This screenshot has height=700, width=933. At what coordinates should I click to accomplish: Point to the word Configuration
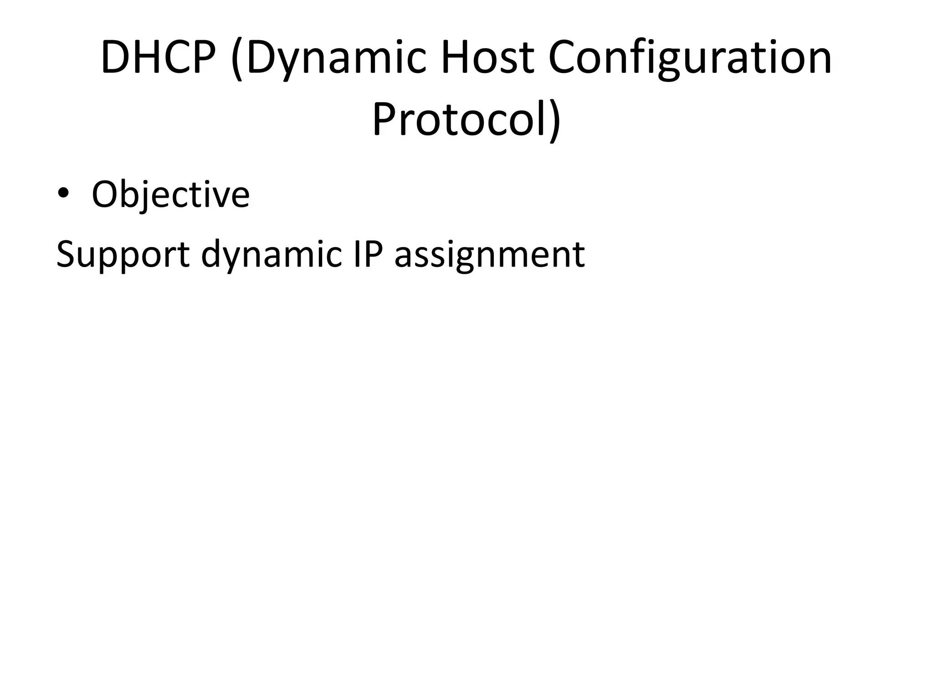coord(690,58)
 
